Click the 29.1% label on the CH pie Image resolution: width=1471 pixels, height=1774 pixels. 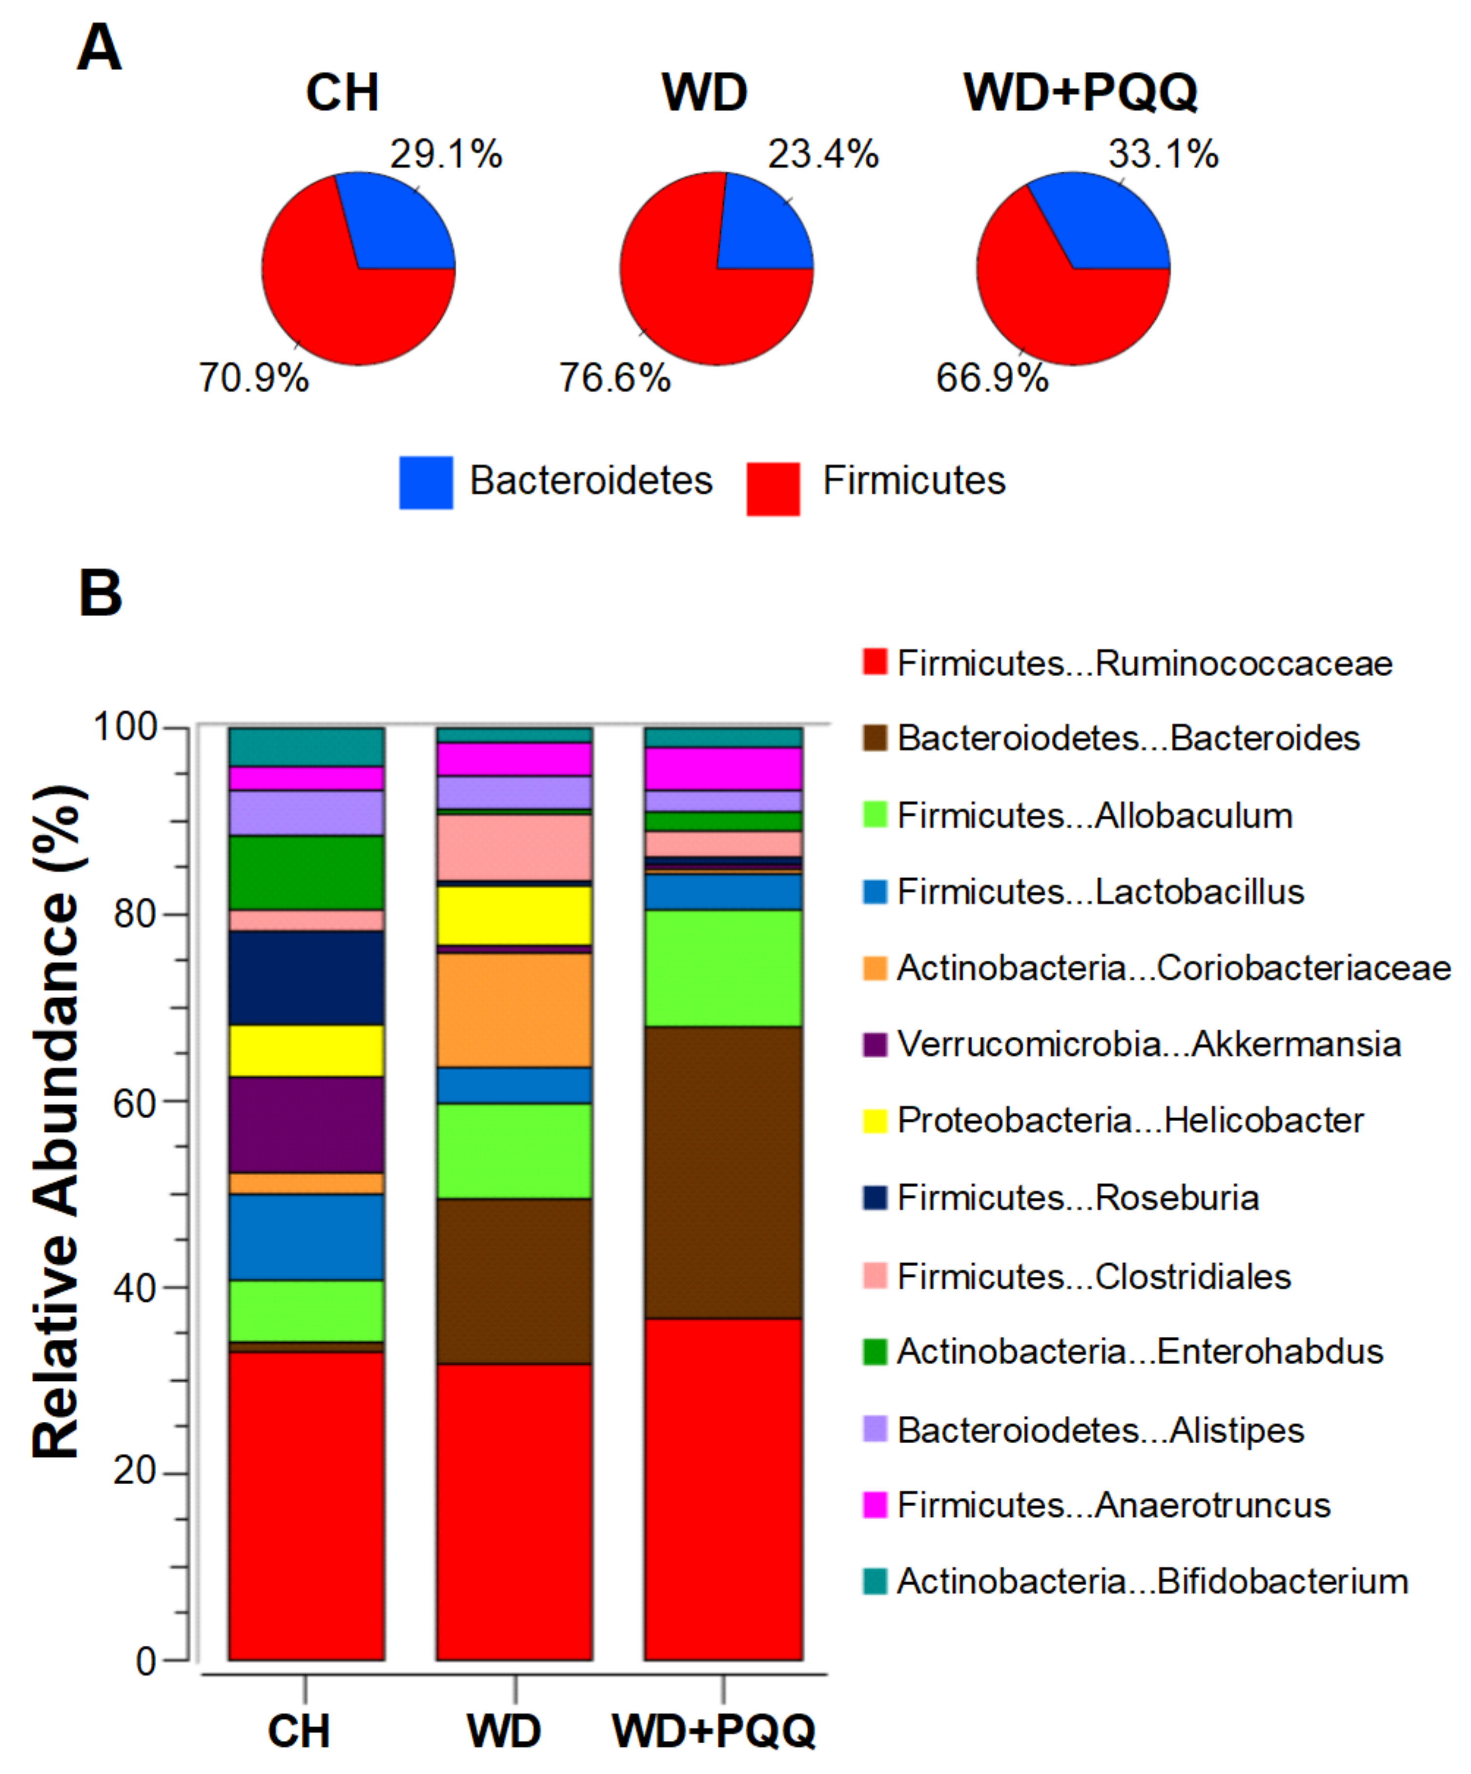pos(446,155)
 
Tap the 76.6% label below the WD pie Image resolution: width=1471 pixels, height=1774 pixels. pos(614,378)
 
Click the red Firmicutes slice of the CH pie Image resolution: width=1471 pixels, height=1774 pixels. pos(338,296)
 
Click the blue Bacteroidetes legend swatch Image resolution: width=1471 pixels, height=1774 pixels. pos(426,483)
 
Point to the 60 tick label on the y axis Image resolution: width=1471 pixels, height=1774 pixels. pos(135,1103)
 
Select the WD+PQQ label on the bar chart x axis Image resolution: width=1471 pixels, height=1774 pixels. pos(714,1730)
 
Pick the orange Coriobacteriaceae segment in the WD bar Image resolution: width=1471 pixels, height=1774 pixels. pos(514,1010)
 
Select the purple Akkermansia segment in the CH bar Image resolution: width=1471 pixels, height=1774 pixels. pos(306,1125)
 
